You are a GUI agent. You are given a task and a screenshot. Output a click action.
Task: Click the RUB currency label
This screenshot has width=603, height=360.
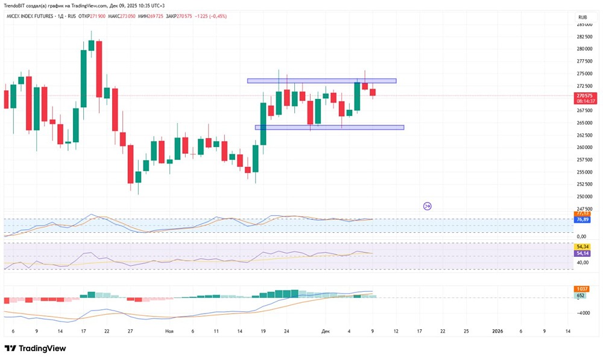(582, 17)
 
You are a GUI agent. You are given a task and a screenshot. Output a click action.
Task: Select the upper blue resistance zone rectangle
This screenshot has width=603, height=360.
(321, 81)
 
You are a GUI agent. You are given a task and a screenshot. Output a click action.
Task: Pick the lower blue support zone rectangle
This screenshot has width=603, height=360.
(329, 127)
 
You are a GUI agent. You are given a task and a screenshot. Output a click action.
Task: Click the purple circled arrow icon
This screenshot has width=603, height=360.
(427, 206)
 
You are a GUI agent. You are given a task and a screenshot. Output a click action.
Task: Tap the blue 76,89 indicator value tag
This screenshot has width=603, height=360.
(582, 220)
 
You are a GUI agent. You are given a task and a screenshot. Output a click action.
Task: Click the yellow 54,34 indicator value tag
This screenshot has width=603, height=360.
(582, 247)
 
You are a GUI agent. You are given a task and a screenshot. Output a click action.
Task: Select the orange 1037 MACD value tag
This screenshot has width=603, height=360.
(582, 289)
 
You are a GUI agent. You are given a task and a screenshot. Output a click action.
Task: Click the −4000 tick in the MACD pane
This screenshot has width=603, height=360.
(582, 313)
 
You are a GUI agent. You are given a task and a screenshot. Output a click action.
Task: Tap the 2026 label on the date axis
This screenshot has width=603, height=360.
(497, 332)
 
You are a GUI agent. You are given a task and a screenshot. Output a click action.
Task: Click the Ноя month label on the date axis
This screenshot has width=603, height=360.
(169, 332)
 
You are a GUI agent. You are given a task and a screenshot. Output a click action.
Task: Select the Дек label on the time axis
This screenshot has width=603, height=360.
(326, 332)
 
